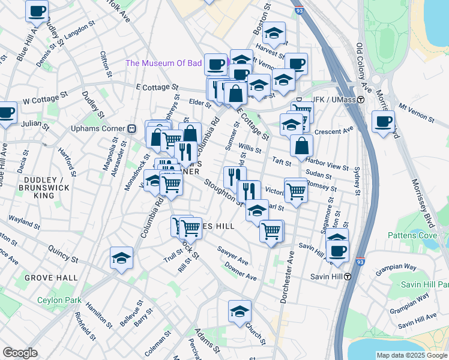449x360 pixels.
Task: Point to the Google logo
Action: click(x=20, y=352)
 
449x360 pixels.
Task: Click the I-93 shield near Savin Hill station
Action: click(x=360, y=262)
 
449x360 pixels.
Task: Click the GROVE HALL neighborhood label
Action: click(x=51, y=278)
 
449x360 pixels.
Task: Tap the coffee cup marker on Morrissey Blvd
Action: click(x=382, y=122)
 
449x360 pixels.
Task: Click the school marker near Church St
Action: click(x=240, y=311)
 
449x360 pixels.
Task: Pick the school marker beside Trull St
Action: click(x=121, y=258)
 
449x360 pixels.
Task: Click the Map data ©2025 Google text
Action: click(x=411, y=355)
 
